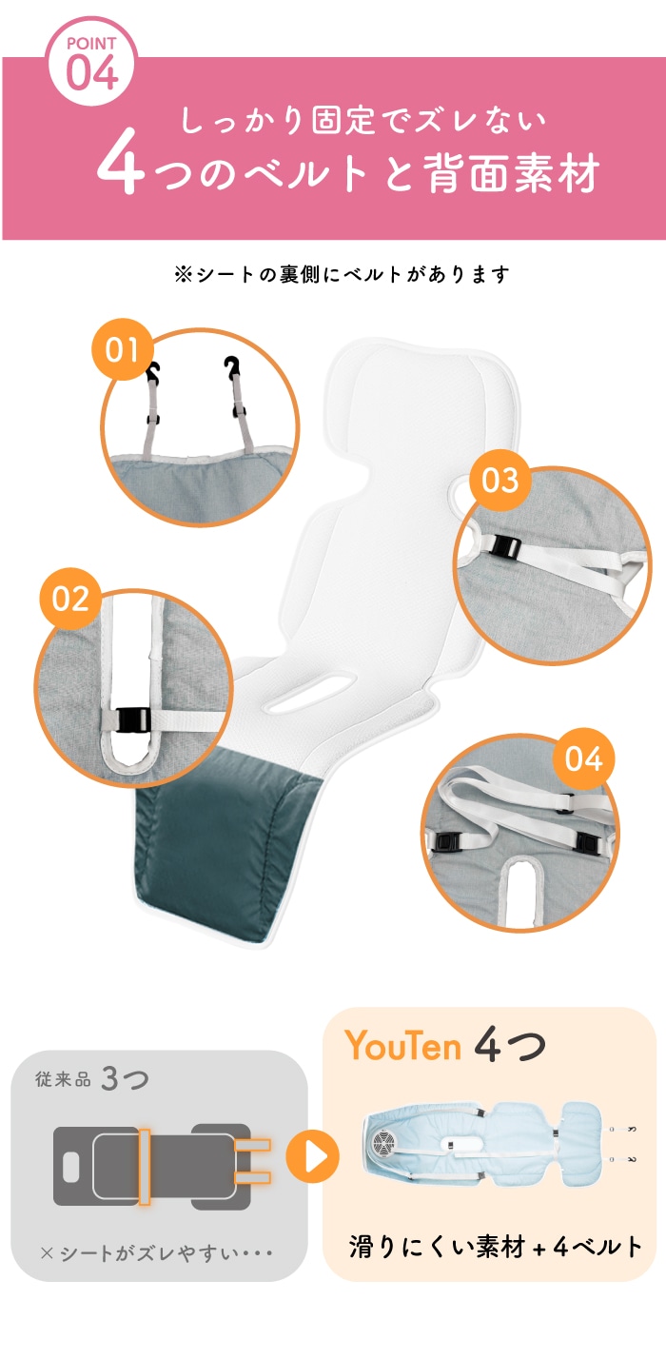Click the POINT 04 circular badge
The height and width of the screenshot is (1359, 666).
point(92,61)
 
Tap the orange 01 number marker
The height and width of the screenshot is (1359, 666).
point(123,349)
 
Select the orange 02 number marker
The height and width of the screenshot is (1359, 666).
point(70,599)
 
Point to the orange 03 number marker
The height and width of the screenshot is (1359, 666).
point(500,480)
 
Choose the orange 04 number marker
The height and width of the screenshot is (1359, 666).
point(583,759)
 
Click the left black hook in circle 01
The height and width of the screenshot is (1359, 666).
point(152,371)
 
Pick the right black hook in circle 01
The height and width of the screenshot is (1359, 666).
point(232,366)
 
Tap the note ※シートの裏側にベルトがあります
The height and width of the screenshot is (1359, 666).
point(342,275)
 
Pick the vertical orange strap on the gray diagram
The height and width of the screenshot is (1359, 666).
point(145,1166)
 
